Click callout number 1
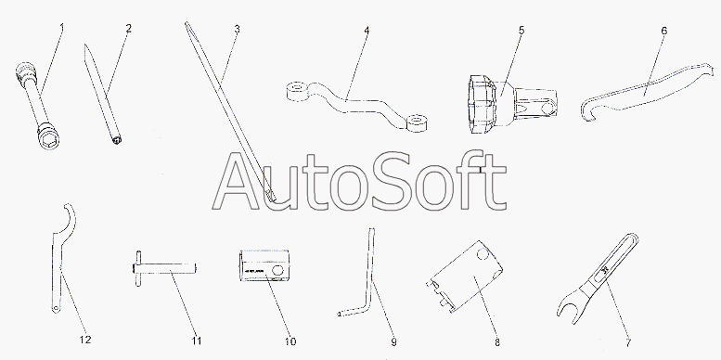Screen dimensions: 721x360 tap(62, 28)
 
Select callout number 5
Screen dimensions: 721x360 tap(521, 31)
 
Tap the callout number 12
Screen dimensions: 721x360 tap(85, 340)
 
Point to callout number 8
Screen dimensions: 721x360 tap(497, 342)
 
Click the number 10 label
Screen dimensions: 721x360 tap(290, 341)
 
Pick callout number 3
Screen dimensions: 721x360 tap(237, 29)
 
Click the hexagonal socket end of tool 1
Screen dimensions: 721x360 tap(46, 135)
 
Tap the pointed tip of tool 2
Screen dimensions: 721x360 tap(85, 46)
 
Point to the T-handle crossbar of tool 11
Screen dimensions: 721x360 tap(138, 268)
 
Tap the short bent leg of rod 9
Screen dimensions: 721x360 tap(352, 312)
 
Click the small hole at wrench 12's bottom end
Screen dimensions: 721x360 tap(56, 308)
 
